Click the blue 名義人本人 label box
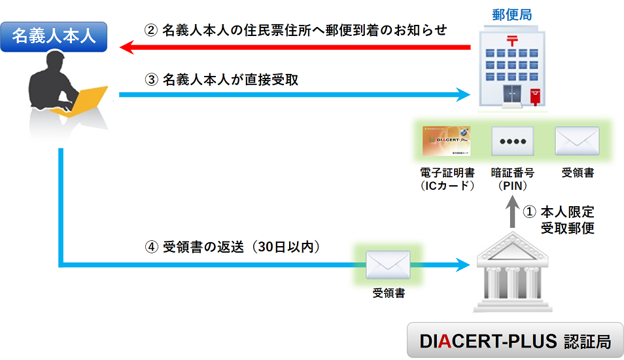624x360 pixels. point(54,35)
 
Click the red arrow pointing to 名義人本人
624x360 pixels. point(294,47)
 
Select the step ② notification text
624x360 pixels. point(295,30)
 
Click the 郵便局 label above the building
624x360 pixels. point(506,14)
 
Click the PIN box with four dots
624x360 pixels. point(512,140)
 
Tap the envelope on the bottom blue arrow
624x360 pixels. point(388,264)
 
